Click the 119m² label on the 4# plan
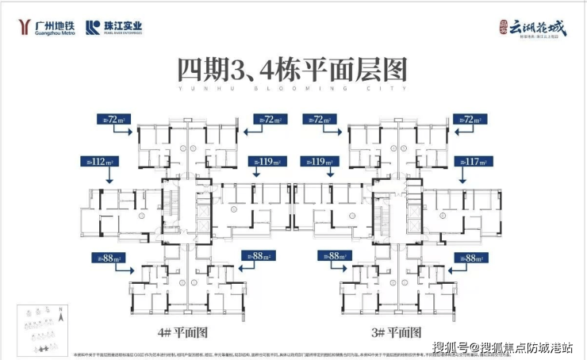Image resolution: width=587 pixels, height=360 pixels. pyautogui.click(x=267, y=162)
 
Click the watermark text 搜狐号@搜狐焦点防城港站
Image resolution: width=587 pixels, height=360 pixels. pyautogui.click(x=505, y=347)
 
